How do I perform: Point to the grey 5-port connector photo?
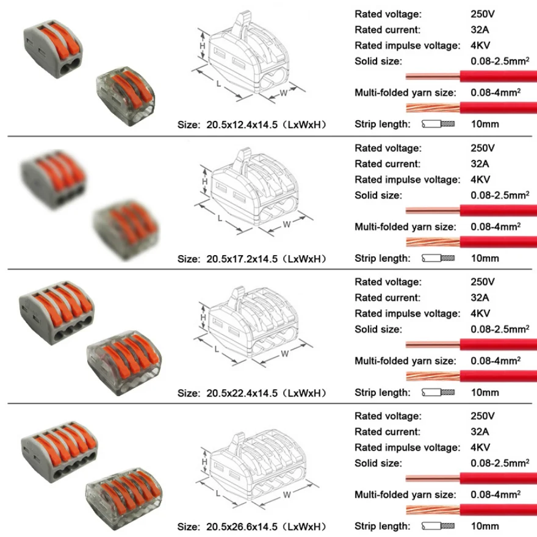(x=59, y=448)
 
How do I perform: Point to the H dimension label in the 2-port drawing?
(x=204, y=46)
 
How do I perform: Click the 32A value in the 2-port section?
(x=479, y=29)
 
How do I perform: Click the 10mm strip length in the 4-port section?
(x=485, y=392)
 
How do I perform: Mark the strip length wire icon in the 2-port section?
(x=439, y=124)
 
